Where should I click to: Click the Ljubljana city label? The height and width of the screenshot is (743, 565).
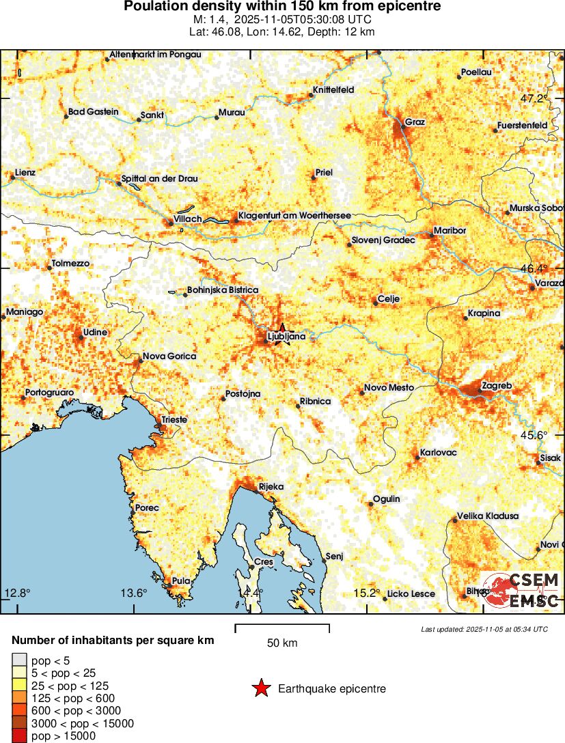[x=286, y=337]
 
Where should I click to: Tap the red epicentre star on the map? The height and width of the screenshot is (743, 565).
[x=282, y=330]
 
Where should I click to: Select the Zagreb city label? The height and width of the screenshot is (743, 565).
[x=497, y=385]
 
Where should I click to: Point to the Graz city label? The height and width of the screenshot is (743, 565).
[x=415, y=122]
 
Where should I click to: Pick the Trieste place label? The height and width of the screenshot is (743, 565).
[x=174, y=420]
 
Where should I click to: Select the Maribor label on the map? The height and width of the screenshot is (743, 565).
[x=450, y=231]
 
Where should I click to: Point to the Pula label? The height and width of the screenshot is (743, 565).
[x=181, y=581]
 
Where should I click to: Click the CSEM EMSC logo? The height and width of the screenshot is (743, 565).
[x=523, y=591]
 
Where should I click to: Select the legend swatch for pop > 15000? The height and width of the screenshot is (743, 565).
[x=20, y=735]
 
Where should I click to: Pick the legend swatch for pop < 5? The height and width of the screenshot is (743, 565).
[x=20, y=660]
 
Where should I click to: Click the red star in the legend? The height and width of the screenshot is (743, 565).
[x=261, y=689]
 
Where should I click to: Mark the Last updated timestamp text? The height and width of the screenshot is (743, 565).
[x=484, y=629]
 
